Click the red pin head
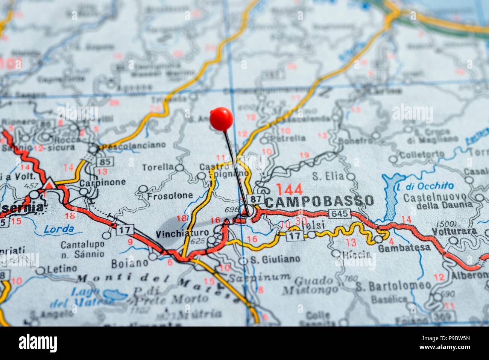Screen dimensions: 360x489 [222, 118]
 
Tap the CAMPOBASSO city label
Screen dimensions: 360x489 [319, 201]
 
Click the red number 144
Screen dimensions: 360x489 [289, 189]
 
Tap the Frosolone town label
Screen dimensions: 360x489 [170, 196]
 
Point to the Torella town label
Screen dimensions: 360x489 [158, 167]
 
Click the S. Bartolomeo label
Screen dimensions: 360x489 [393, 285]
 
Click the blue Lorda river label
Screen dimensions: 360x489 [58, 229]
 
